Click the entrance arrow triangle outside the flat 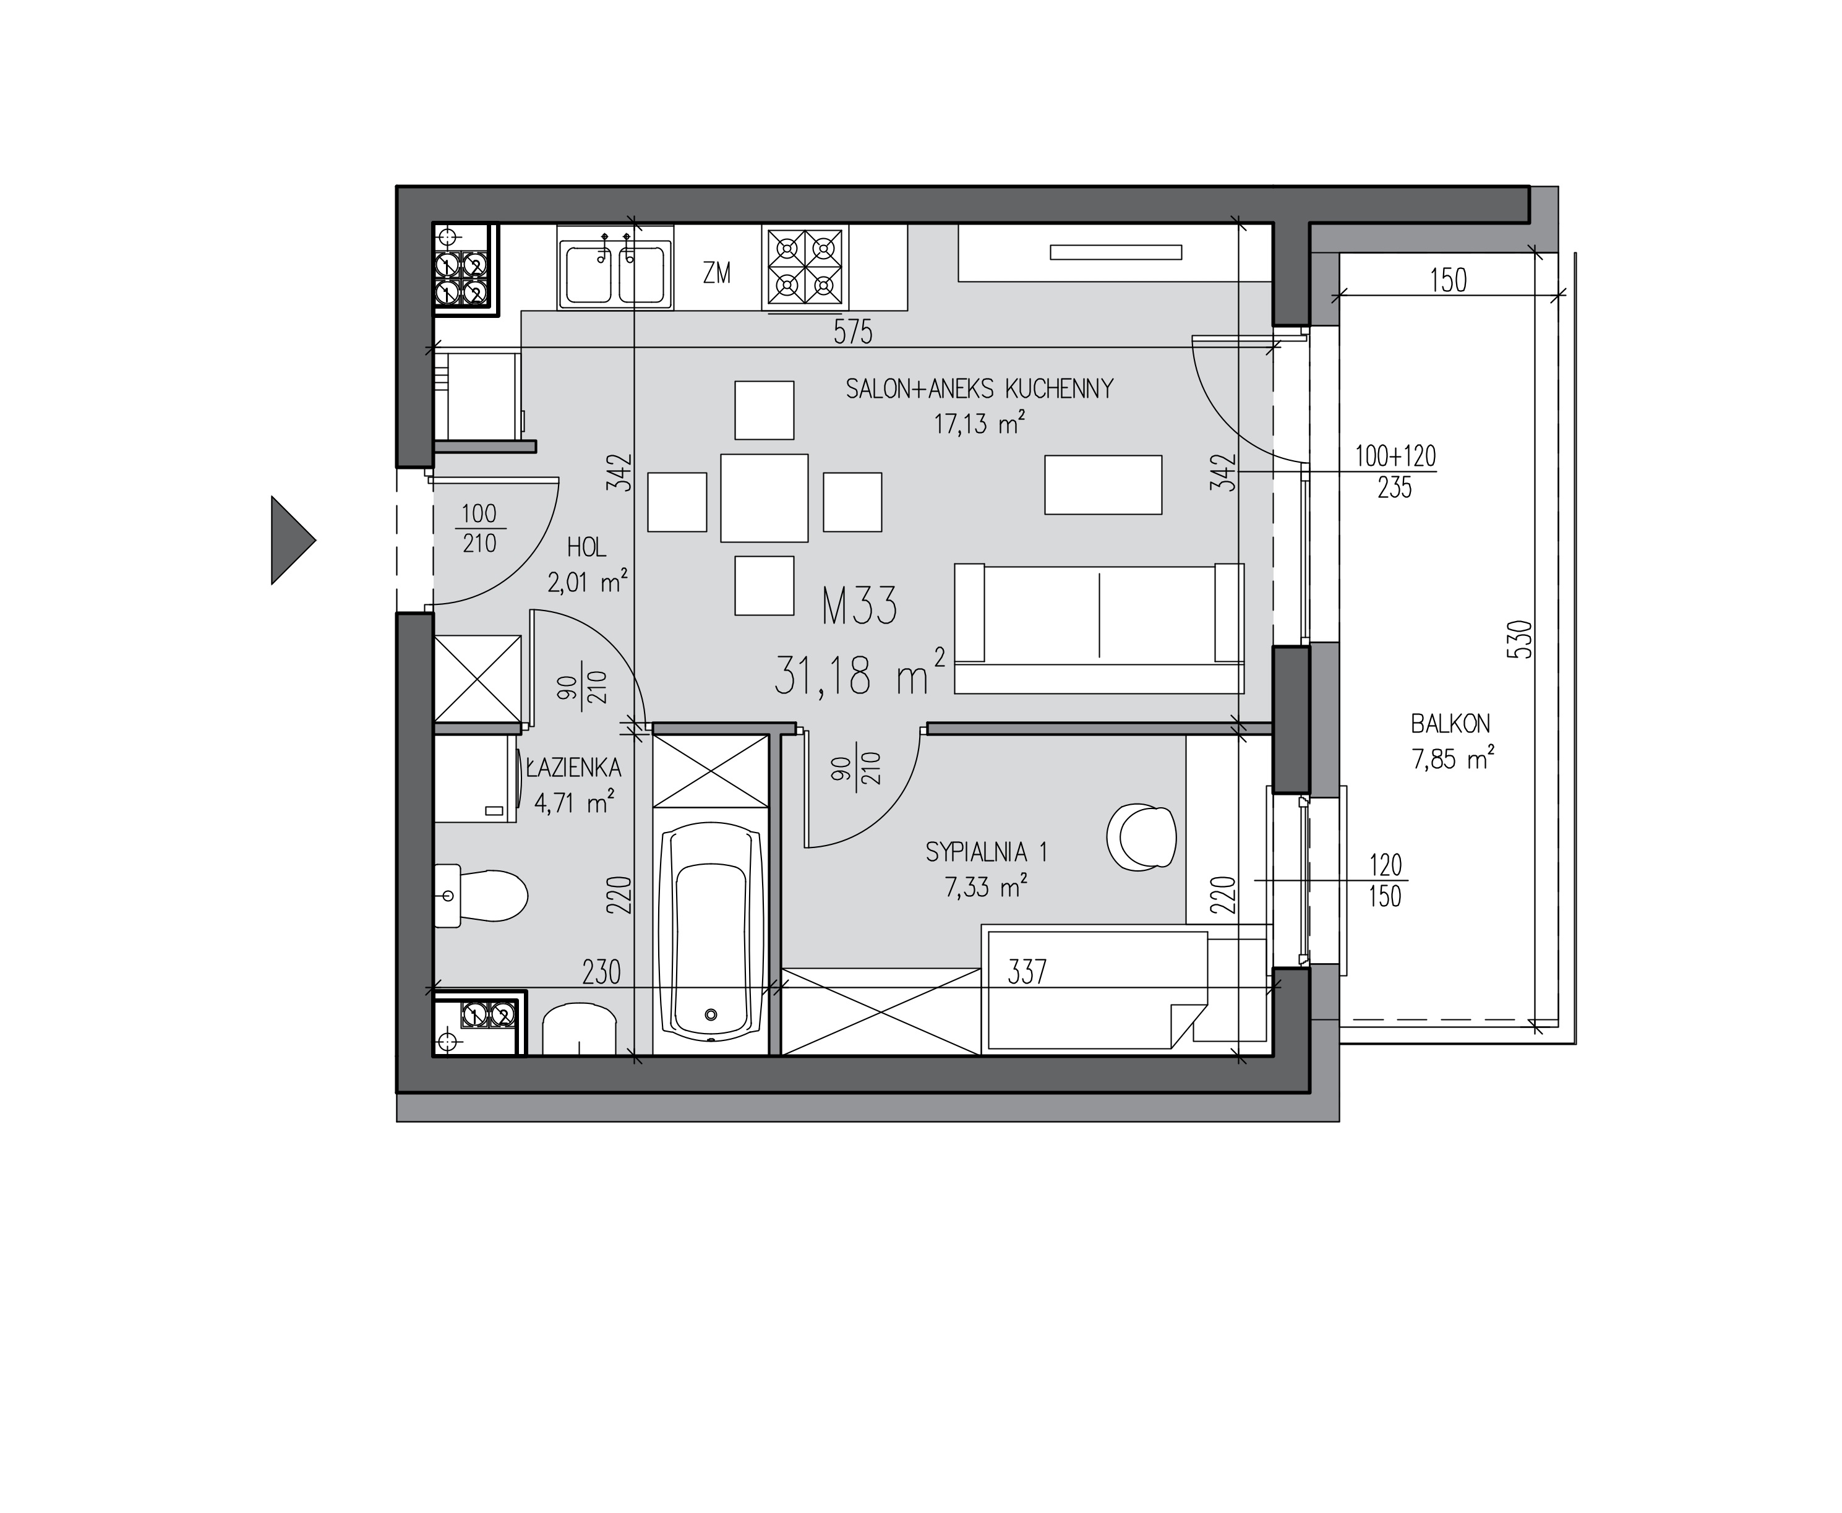(292, 541)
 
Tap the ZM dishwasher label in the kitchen (717, 273)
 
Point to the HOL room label (586, 548)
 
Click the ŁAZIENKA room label (574, 768)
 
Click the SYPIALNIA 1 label (987, 852)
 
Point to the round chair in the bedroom (1141, 838)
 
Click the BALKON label (1450, 723)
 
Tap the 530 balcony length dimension (1519, 639)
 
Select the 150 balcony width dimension (1448, 281)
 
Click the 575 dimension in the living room (852, 332)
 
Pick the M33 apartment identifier (859, 607)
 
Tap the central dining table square (764, 498)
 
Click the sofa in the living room (1099, 628)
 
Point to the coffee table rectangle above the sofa (1103, 484)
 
